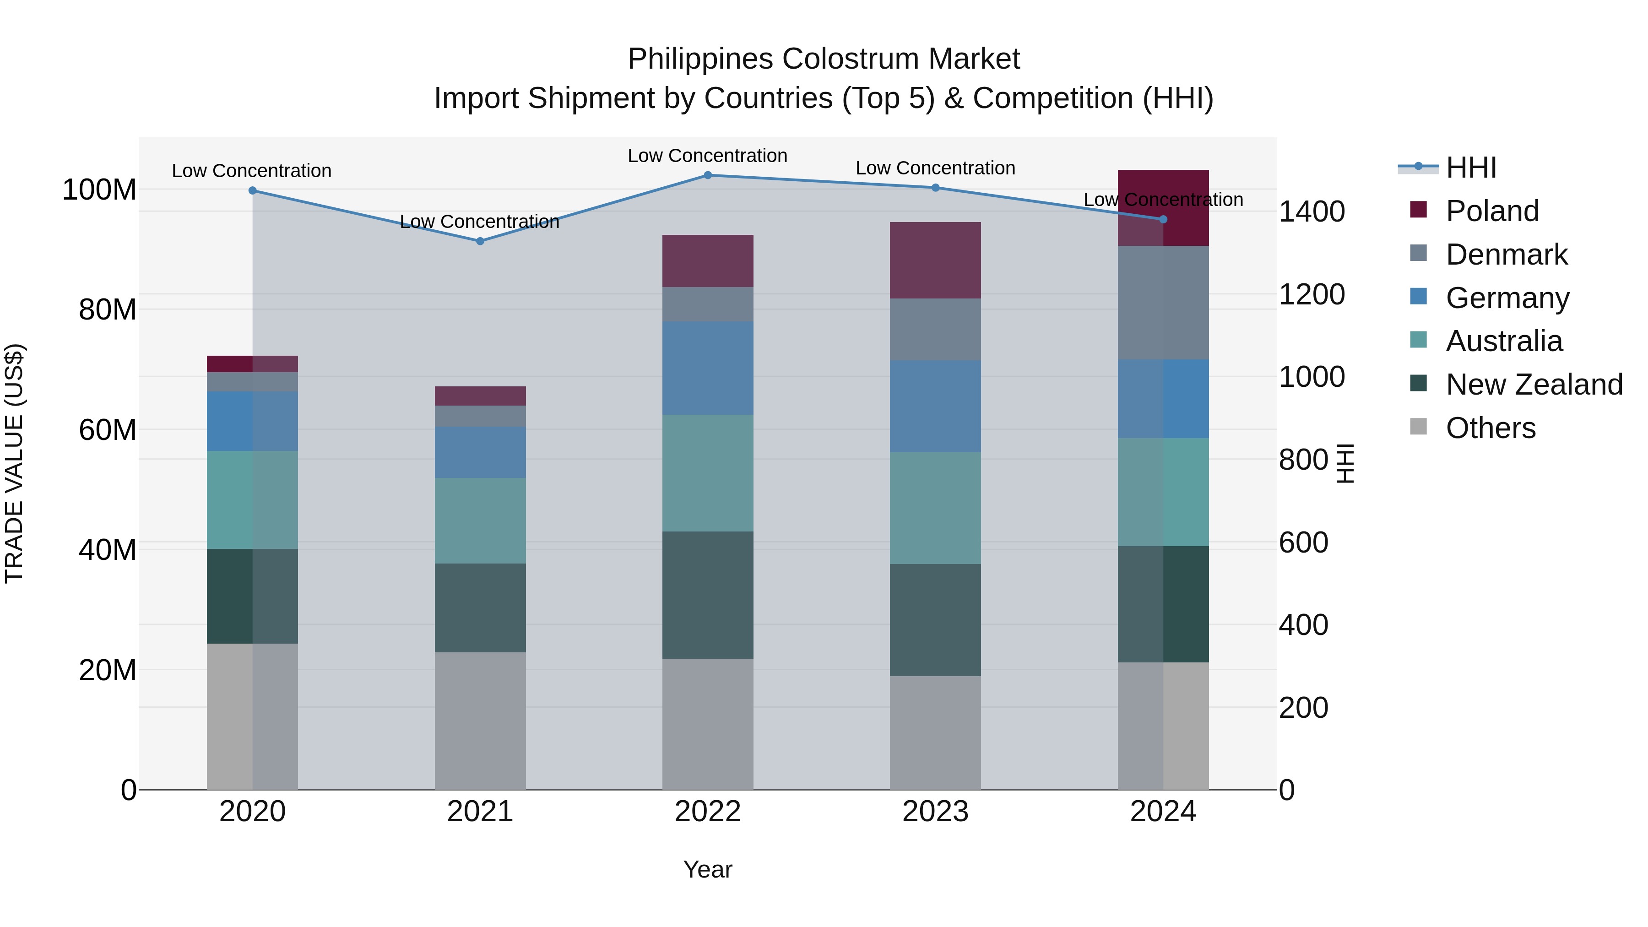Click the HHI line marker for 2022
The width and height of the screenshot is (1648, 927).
pyautogui.click(x=708, y=175)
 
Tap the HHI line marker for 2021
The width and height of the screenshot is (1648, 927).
pyautogui.click(x=480, y=241)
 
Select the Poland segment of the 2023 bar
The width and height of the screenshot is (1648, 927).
pyautogui.click(x=935, y=260)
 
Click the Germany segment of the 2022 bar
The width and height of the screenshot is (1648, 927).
pyautogui.click(x=708, y=368)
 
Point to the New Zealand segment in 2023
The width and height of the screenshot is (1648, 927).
pyautogui.click(x=935, y=619)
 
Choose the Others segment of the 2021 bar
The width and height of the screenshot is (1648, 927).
pyautogui.click(x=480, y=721)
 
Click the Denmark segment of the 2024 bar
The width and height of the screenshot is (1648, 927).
pyautogui.click(x=1163, y=303)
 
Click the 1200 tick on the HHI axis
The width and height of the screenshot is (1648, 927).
pyautogui.click(x=1312, y=294)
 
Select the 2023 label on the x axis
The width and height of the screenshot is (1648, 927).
pyautogui.click(x=935, y=812)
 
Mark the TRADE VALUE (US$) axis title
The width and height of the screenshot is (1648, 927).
pyautogui.click(x=14, y=463)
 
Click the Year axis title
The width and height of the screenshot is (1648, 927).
pyautogui.click(x=708, y=869)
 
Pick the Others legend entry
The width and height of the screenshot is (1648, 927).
pyautogui.click(x=1491, y=428)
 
